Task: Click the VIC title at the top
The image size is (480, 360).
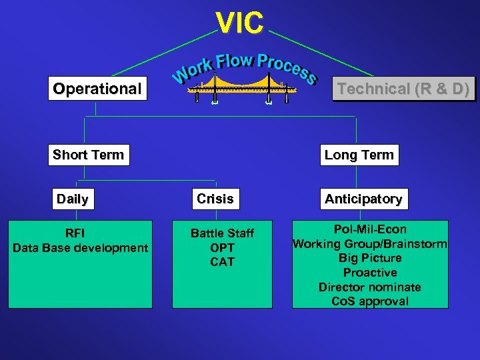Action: point(240,23)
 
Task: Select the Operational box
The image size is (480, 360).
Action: point(97,89)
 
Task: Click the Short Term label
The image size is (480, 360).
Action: point(89,155)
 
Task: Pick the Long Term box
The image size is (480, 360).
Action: point(359,155)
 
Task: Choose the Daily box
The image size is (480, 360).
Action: point(73,199)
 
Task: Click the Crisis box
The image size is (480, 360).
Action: point(215,199)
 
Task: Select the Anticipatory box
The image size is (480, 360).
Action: point(363,199)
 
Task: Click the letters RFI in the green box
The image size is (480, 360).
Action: point(75,233)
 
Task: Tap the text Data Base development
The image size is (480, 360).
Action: point(81,248)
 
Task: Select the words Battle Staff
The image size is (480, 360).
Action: point(222,233)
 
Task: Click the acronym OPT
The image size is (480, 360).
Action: point(222,248)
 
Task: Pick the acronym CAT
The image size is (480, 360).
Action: point(222,262)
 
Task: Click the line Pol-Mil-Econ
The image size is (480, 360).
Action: point(369,229)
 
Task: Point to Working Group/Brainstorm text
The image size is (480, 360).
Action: point(369,244)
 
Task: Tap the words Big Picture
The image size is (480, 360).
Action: point(369,258)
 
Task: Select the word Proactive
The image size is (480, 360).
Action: point(369,273)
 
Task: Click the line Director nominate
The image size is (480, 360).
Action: point(369,287)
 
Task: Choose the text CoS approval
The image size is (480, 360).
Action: point(369,301)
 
